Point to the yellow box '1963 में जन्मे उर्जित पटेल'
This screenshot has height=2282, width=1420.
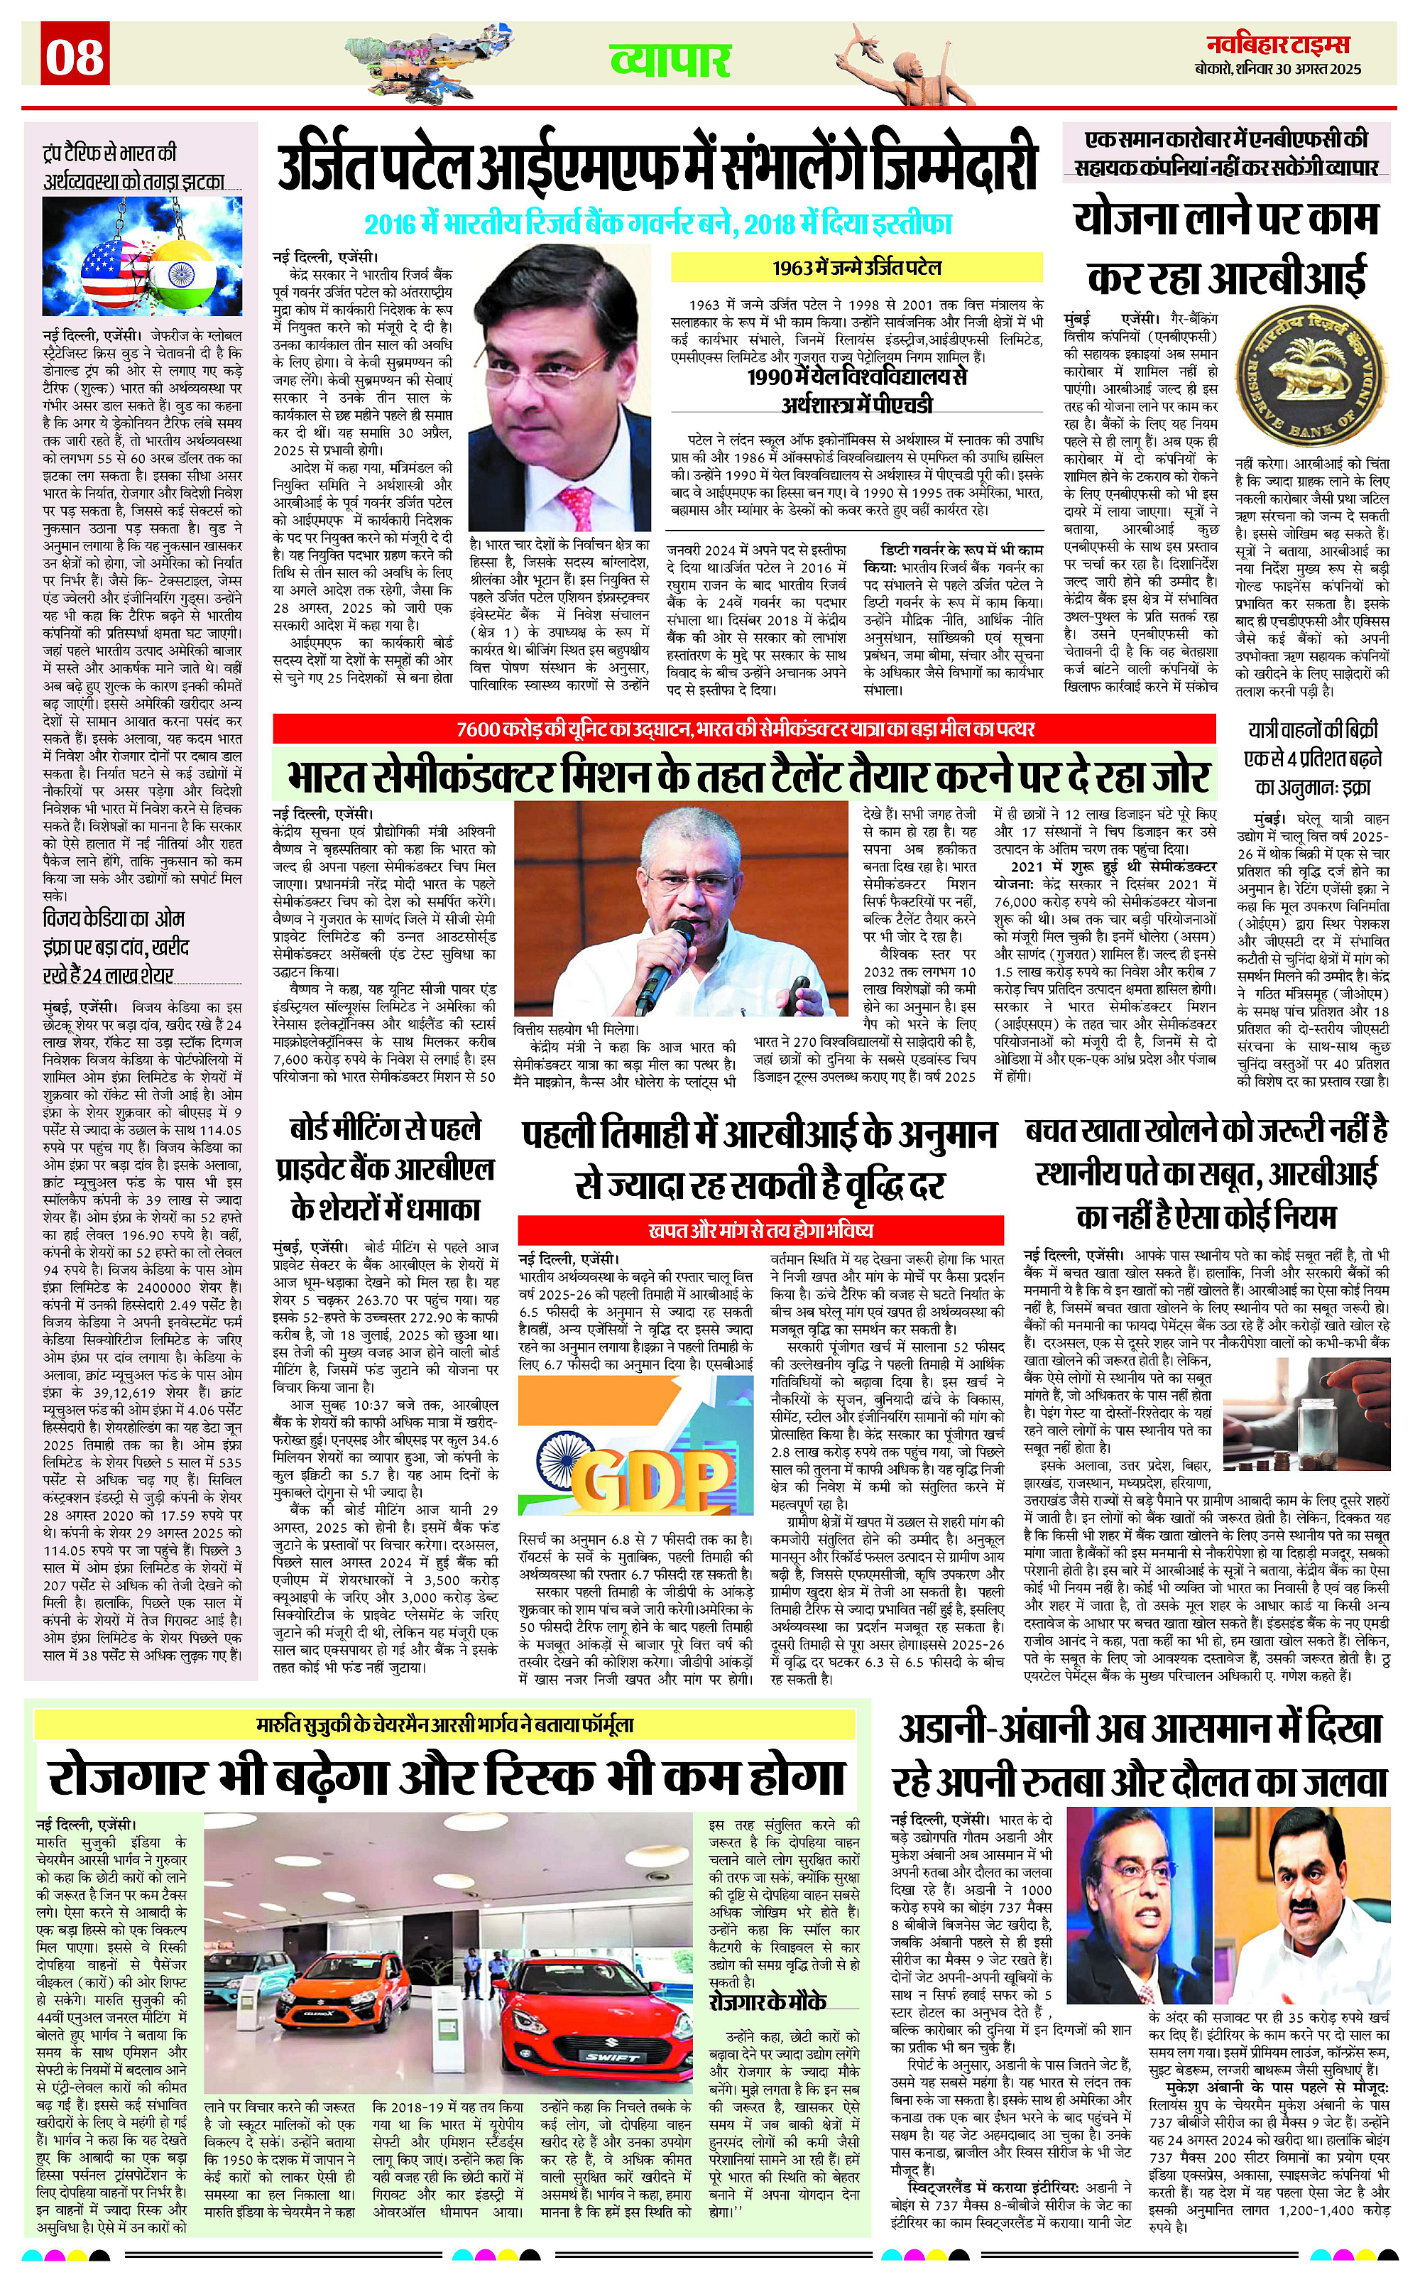click(856, 268)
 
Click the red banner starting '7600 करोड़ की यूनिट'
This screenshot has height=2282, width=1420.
click(745, 729)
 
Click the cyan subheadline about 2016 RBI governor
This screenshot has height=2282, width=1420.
click(657, 224)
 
